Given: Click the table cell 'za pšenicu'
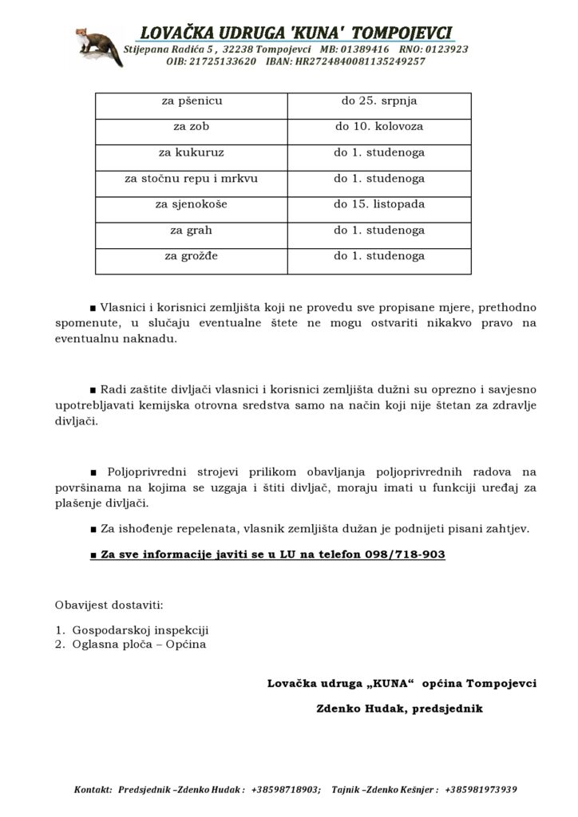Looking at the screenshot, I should (192, 101).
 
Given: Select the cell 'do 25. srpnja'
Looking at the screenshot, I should (379, 101).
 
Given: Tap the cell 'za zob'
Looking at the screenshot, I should (192, 127).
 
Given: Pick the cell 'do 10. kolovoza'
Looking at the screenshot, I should (379, 127).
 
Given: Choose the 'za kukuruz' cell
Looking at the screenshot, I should (192, 152).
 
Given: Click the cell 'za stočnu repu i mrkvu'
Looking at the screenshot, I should (192, 179).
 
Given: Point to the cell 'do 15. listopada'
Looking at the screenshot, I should (379, 204).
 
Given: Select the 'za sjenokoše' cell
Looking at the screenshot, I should (192, 204).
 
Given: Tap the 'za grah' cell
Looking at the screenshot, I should (192, 231).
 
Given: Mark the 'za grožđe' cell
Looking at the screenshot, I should (192, 256).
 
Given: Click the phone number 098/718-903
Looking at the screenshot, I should (405, 555).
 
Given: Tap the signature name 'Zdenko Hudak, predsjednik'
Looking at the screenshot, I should (399, 708).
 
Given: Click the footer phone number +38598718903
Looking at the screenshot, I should (285, 790).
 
